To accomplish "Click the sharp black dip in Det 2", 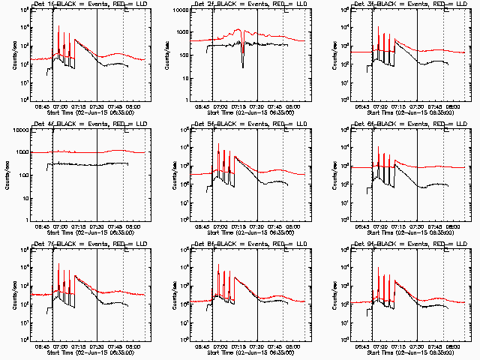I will click(x=242, y=66).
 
